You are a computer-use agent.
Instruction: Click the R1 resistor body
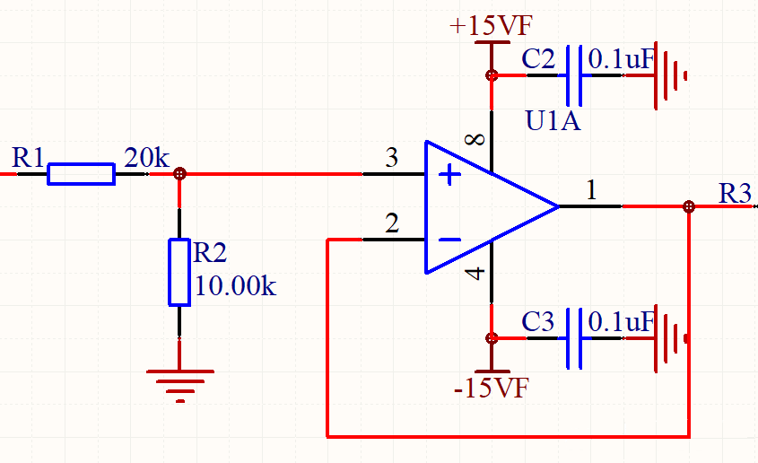[x=82, y=174]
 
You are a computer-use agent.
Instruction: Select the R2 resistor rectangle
[x=179, y=272]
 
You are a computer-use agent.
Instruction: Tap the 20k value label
[x=146, y=158]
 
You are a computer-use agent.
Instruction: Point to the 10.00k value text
[x=235, y=285]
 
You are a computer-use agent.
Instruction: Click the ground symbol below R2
[x=179, y=385]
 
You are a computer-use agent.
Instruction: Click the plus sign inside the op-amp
[x=449, y=174]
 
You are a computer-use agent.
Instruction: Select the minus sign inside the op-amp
[x=449, y=240]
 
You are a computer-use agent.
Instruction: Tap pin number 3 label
[x=392, y=158]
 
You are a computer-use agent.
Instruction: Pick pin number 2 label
[x=392, y=223]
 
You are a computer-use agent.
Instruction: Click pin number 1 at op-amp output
[x=591, y=190]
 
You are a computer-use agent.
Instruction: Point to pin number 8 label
[x=475, y=139]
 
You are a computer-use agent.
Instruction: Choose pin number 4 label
[x=475, y=273]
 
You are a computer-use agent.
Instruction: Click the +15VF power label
[x=492, y=26]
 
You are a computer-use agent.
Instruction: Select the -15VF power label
[x=492, y=388]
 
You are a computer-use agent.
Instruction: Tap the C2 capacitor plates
[x=574, y=75]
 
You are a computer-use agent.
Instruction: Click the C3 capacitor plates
[x=574, y=338]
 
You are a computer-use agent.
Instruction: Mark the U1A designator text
[x=553, y=121]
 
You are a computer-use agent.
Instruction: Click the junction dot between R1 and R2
[x=179, y=173]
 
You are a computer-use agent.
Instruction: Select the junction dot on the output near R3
[x=689, y=207]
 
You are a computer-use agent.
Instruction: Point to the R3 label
[x=735, y=194]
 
